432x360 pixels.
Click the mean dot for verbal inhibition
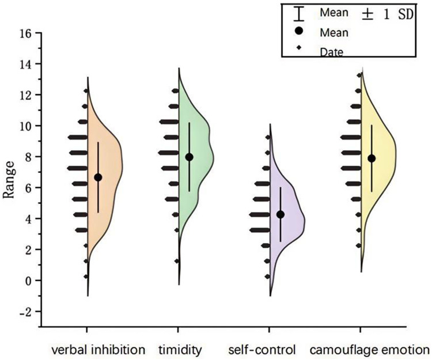click(x=98, y=177)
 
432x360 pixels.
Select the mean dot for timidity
click(x=189, y=157)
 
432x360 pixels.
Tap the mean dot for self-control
click(x=281, y=214)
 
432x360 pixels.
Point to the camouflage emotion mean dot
click(x=372, y=158)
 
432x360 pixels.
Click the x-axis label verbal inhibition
click(x=98, y=350)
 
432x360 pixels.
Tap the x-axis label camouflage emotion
click(x=369, y=350)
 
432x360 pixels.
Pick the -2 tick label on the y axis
click(x=26, y=312)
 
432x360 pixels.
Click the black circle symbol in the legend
click(x=298, y=32)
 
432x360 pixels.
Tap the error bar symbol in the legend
click(x=298, y=13)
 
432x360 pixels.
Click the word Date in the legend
click(x=332, y=52)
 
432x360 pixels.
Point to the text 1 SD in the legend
click(x=396, y=14)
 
